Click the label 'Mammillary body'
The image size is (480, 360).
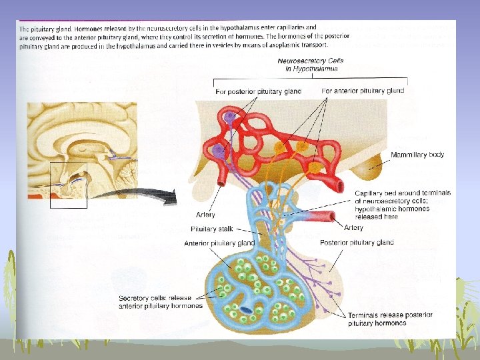(x=417, y=155)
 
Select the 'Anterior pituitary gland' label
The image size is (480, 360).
(x=219, y=243)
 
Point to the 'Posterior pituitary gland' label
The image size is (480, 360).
(x=357, y=243)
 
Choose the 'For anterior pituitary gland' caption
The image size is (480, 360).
(x=363, y=91)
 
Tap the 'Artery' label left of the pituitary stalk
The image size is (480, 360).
(x=205, y=215)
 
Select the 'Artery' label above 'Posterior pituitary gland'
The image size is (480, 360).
(x=353, y=228)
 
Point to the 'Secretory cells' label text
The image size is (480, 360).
(x=157, y=303)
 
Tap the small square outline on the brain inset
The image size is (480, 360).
(x=69, y=185)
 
